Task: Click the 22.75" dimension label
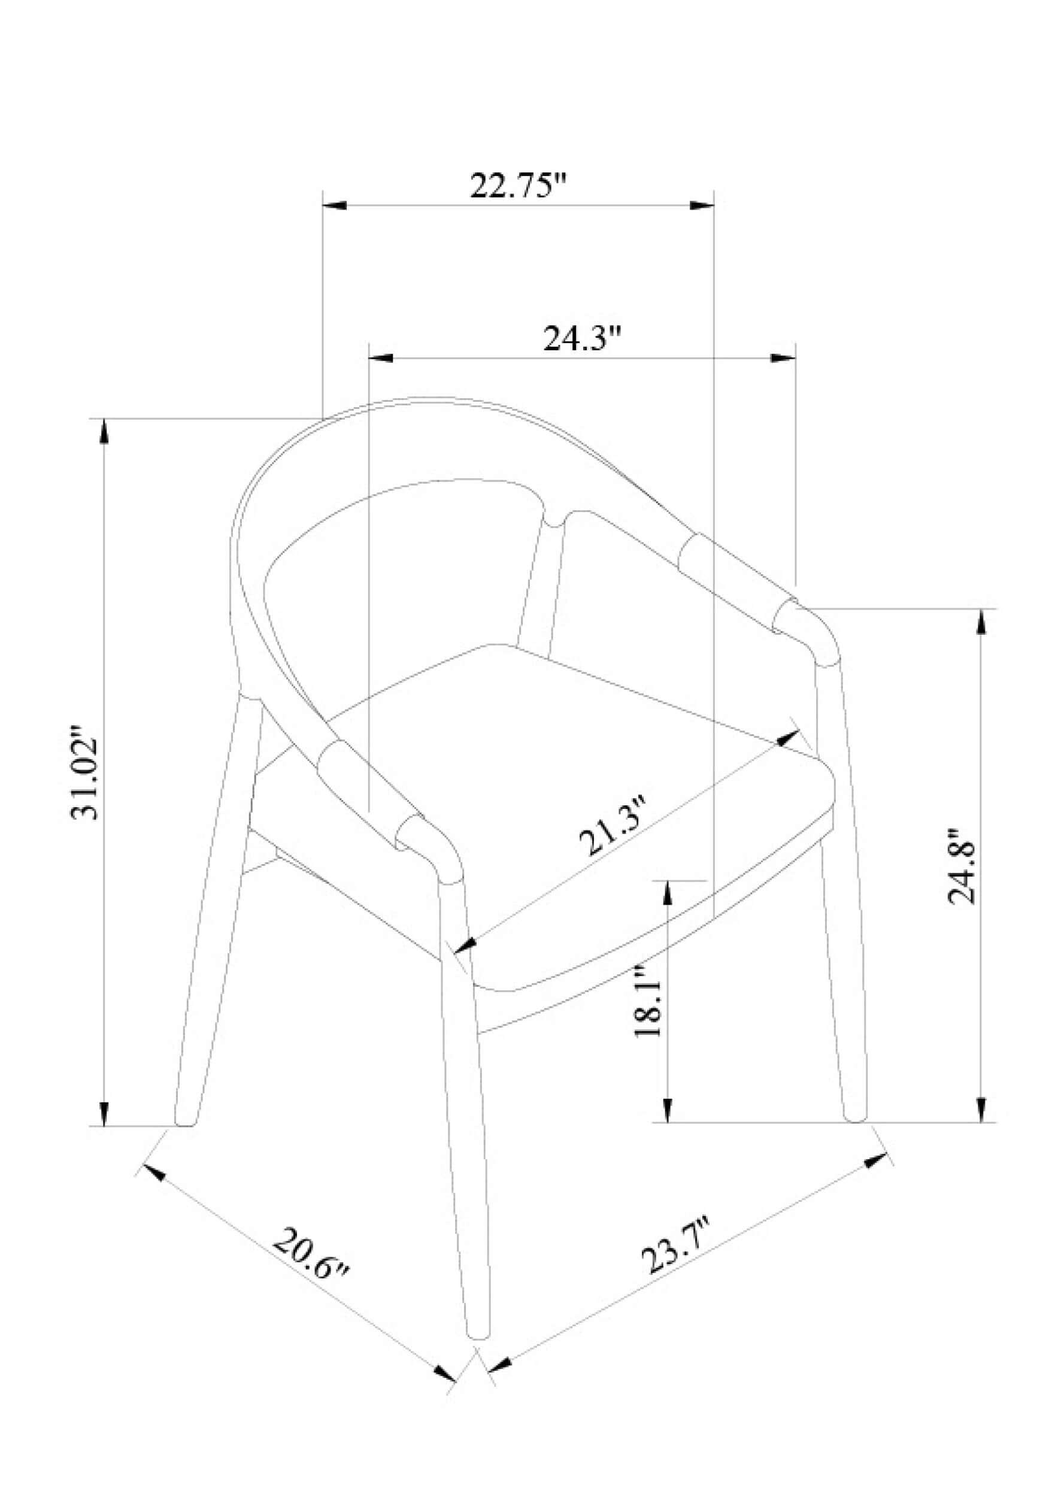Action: [x=519, y=186]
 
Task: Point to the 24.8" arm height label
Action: [x=961, y=866]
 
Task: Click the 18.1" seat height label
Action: [x=649, y=1001]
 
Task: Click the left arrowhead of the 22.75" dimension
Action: [x=335, y=205]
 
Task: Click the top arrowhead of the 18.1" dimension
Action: [x=667, y=894]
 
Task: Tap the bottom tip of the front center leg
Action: [x=479, y=1337]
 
